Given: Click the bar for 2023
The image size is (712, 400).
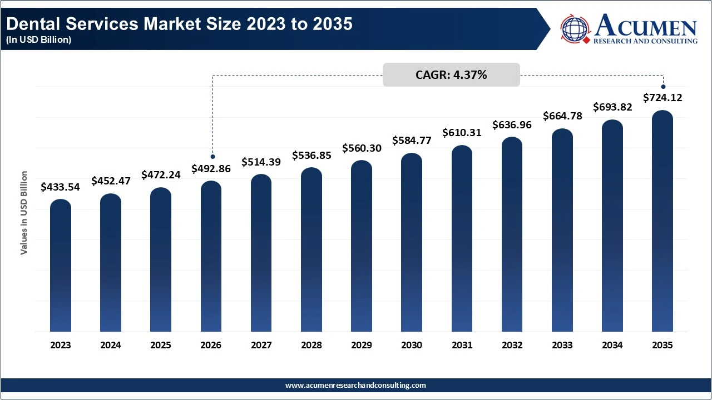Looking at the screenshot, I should coord(61,267).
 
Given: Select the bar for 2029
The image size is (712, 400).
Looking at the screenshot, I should coord(362,247).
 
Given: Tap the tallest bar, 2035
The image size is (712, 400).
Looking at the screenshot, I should coord(662,222).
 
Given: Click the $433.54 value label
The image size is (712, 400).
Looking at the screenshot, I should coord(61,187).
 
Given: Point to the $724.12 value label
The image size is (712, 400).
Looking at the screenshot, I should coord(662,98).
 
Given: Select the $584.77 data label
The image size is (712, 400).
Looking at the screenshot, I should coord(412,140).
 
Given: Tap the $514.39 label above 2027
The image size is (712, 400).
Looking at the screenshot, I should coord(261,162).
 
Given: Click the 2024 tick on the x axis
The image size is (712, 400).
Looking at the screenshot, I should coord(111,345).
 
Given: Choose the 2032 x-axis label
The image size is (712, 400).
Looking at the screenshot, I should coord(512,345).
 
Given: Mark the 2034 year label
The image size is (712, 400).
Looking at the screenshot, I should coord(612,345).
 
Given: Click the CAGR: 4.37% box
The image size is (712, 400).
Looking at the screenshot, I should coord(451,75).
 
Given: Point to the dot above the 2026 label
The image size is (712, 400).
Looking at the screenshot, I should coord(212,157).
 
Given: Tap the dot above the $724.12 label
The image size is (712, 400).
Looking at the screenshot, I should coord(663,86).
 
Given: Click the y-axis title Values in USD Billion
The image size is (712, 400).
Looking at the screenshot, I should coord(24,213).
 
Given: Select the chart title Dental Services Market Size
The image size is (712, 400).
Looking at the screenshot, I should coord(180,24).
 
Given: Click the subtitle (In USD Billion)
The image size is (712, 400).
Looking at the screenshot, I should coord(39,41).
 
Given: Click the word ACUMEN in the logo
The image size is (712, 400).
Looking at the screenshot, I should coord(646,26).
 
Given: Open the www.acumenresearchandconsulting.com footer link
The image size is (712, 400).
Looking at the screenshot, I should coord(356,385).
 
